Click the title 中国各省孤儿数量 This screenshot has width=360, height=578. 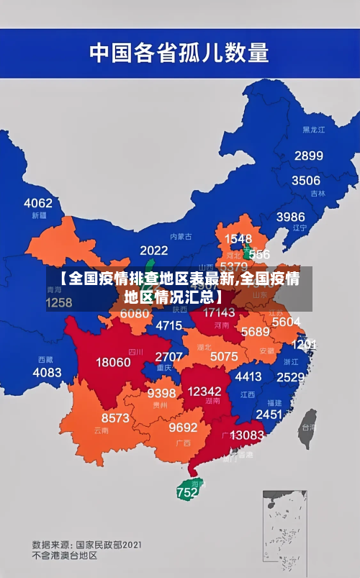[x=179, y=52]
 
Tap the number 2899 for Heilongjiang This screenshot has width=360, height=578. [x=308, y=155]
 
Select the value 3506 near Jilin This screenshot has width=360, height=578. [x=305, y=181]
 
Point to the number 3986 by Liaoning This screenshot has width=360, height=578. [x=290, y=217]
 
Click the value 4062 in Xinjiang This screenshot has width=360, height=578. [x=38, y=203]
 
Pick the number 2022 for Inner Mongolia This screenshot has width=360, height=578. [x=153, y=250]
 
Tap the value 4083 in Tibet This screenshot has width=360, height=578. [x=48, y=372]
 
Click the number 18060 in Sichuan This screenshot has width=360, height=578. [x=113, y=362]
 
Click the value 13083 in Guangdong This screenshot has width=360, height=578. [x=247, y=435]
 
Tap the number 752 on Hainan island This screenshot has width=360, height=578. [x=186, y=493]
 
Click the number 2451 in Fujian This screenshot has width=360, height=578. [x=269, y=414]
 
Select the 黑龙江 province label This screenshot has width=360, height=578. [x=313, y=130]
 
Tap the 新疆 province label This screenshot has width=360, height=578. [x=40, y=215]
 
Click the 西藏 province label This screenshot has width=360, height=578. [x=45, y=359]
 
